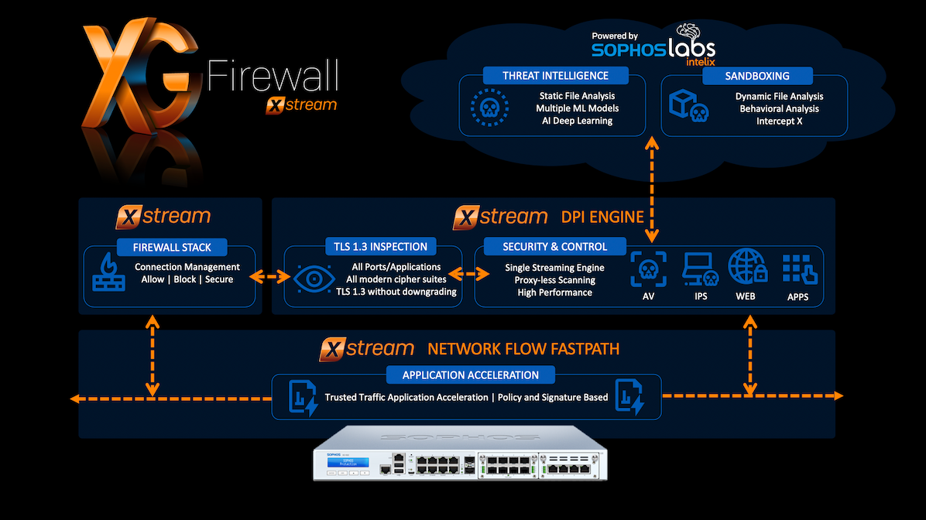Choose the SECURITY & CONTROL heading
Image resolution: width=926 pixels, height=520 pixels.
(x=554, y=247)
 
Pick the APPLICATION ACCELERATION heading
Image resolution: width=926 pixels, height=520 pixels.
(x=471, y=375)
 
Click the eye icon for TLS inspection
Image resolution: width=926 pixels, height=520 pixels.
(x=312, y=276)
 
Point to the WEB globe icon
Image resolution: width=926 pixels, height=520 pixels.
(x=748, y=267)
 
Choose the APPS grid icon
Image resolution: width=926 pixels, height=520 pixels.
(x=796, y=269)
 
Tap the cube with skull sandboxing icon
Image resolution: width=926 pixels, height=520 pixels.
(x=688, y=106)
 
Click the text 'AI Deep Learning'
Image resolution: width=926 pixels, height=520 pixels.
(x=577, y=121)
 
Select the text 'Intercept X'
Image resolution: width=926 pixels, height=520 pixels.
(x=779, y=121)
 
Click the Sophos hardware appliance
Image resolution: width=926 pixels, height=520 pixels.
(x=463, y=464)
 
